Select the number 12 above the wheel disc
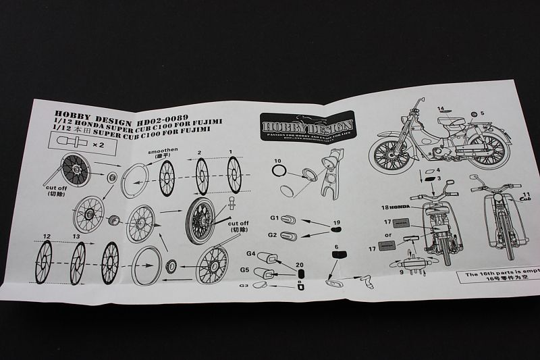(46, 236)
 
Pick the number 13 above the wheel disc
(76, 236)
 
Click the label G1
(275, 219)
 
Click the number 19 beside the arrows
(337, 223)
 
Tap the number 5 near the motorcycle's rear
(483, 111)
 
